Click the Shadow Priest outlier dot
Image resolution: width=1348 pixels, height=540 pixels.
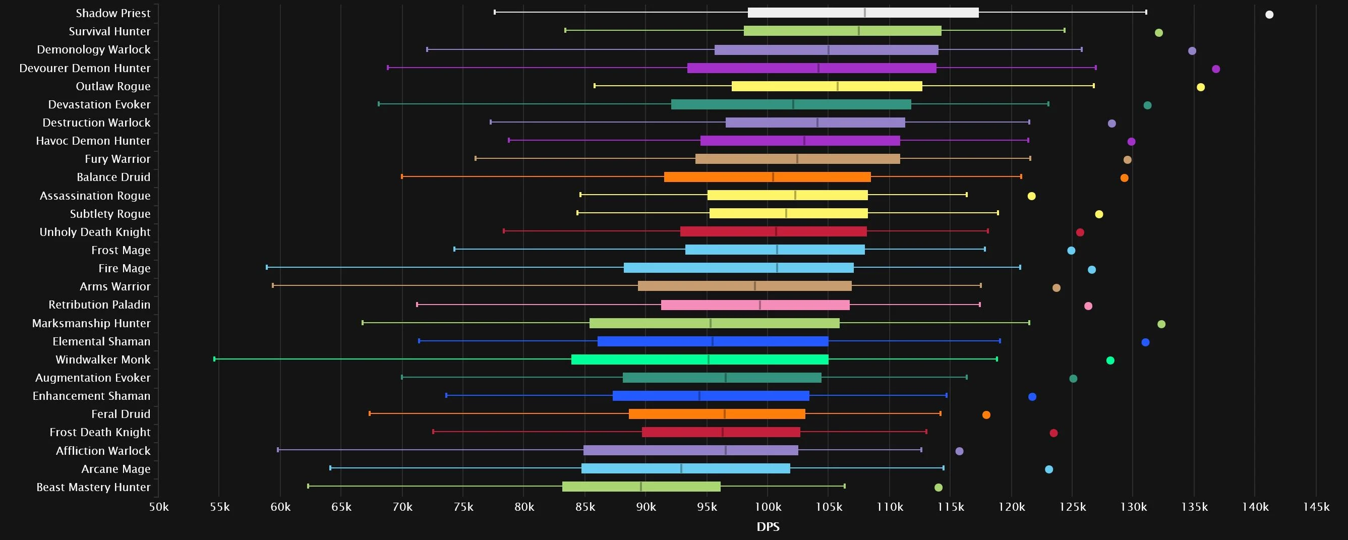click(x=1269, y=15)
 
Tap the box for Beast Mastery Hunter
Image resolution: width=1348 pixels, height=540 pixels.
click(x=641, y=487)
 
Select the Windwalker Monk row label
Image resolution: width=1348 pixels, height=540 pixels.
click(x=102, y=359)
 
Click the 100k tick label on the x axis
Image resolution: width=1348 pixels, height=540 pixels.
click(x=768, y=507)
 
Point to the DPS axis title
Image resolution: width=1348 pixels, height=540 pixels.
click(x=768, y=527)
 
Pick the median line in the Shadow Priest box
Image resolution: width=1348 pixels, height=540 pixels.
click(x=864, y=13)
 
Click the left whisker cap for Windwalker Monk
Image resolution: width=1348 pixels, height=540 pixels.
click(x=214, y=359)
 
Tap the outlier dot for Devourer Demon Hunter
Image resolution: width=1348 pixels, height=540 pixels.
click(x=1215, y=69)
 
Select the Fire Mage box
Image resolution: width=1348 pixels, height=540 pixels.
click(x=738, y=268)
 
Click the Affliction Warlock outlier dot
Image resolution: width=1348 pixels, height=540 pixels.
click(x=959, y=451)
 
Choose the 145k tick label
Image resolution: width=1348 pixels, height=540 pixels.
click(x=1316, y=507)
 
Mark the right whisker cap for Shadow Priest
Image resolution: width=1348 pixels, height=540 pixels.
click(x=1146, y=12)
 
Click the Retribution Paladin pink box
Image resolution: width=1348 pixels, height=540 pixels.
click(x=755, y=305)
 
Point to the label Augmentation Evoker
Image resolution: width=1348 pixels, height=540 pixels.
click(x=93, y=378)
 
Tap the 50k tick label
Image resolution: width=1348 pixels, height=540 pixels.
click(x=158, y=507)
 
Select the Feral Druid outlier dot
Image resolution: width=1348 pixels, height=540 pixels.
click(x=986, y=415)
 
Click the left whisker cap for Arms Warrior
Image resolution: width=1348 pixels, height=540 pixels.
click(x=273, y=286)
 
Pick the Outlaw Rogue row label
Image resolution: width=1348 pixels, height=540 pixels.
click(x=113, y=86)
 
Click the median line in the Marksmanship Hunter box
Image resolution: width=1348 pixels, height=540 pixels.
click(x=710, y=323)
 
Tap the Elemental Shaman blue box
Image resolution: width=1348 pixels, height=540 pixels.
click(x=713, y=341)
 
